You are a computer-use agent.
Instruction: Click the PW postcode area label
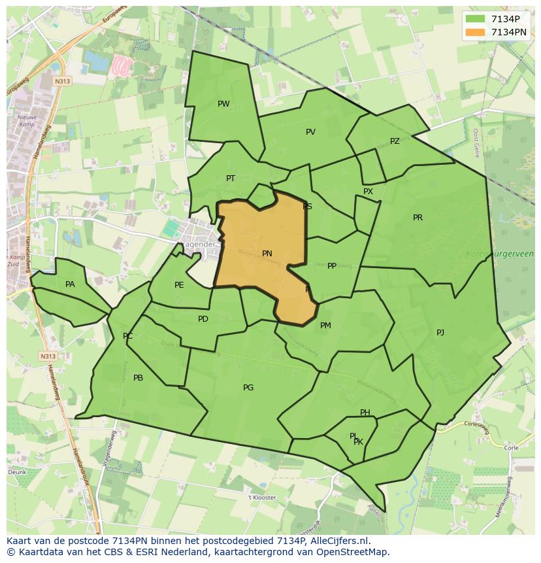[223, 104]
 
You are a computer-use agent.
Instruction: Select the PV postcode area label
[310, 132]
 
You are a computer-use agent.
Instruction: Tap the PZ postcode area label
[395, 141]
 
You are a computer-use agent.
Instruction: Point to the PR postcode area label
[418, 218]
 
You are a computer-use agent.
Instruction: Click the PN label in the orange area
[267, 254]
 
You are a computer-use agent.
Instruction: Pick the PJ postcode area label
[440, 333]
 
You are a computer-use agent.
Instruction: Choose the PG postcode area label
[248, 388]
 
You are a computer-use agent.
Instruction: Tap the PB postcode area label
[138, 378]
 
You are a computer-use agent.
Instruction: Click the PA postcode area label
[70, 284]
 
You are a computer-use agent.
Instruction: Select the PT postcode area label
[231, 179]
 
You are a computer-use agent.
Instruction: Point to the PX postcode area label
[368, 192]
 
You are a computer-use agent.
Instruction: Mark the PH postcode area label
[365, 413]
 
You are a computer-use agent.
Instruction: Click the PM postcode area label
[325, 326]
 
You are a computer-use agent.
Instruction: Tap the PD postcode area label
[203, 319]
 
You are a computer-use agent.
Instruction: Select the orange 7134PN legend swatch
[476, 32]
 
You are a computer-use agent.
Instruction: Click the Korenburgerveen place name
[500, 254]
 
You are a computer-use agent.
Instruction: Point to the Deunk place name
[17, 471]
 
